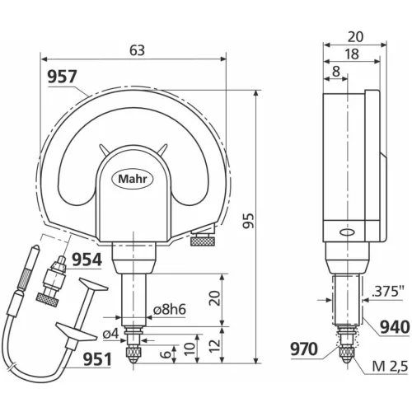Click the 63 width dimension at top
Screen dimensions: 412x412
(x=137, y=49)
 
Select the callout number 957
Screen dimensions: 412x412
(x=62, y=77)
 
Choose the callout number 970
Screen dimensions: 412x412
(x=304, y=349)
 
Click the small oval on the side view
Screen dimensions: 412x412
(x=344, y=232)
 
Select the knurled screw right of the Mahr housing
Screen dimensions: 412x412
(x=203, y=241)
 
